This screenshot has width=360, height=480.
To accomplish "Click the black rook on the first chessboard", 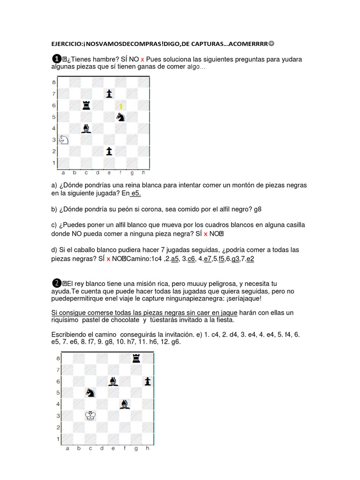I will coord(86,105).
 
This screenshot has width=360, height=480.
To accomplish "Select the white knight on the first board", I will coord(63,139).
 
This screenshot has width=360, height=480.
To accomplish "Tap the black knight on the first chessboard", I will coord(121,116).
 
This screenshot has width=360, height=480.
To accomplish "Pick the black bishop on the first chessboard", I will coord(86,127).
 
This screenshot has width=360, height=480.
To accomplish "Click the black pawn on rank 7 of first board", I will coord(109,93).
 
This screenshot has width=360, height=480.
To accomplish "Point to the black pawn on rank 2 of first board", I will coord(109,151).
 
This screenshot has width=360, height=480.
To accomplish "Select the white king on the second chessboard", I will coord(90,415).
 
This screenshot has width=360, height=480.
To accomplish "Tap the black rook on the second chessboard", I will coord(136,358).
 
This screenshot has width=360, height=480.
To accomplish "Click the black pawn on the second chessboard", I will coord(148,381).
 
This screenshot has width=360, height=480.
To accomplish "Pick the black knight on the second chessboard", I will coord(90,393).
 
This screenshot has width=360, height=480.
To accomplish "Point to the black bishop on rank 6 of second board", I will coord(113,381).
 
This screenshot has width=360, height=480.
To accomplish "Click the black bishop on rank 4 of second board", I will coord(124,404).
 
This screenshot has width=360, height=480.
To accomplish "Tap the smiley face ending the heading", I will coord(272,44).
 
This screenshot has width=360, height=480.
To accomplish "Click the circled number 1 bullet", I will coord(56,59).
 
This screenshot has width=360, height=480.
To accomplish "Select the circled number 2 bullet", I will coord(56,283).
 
